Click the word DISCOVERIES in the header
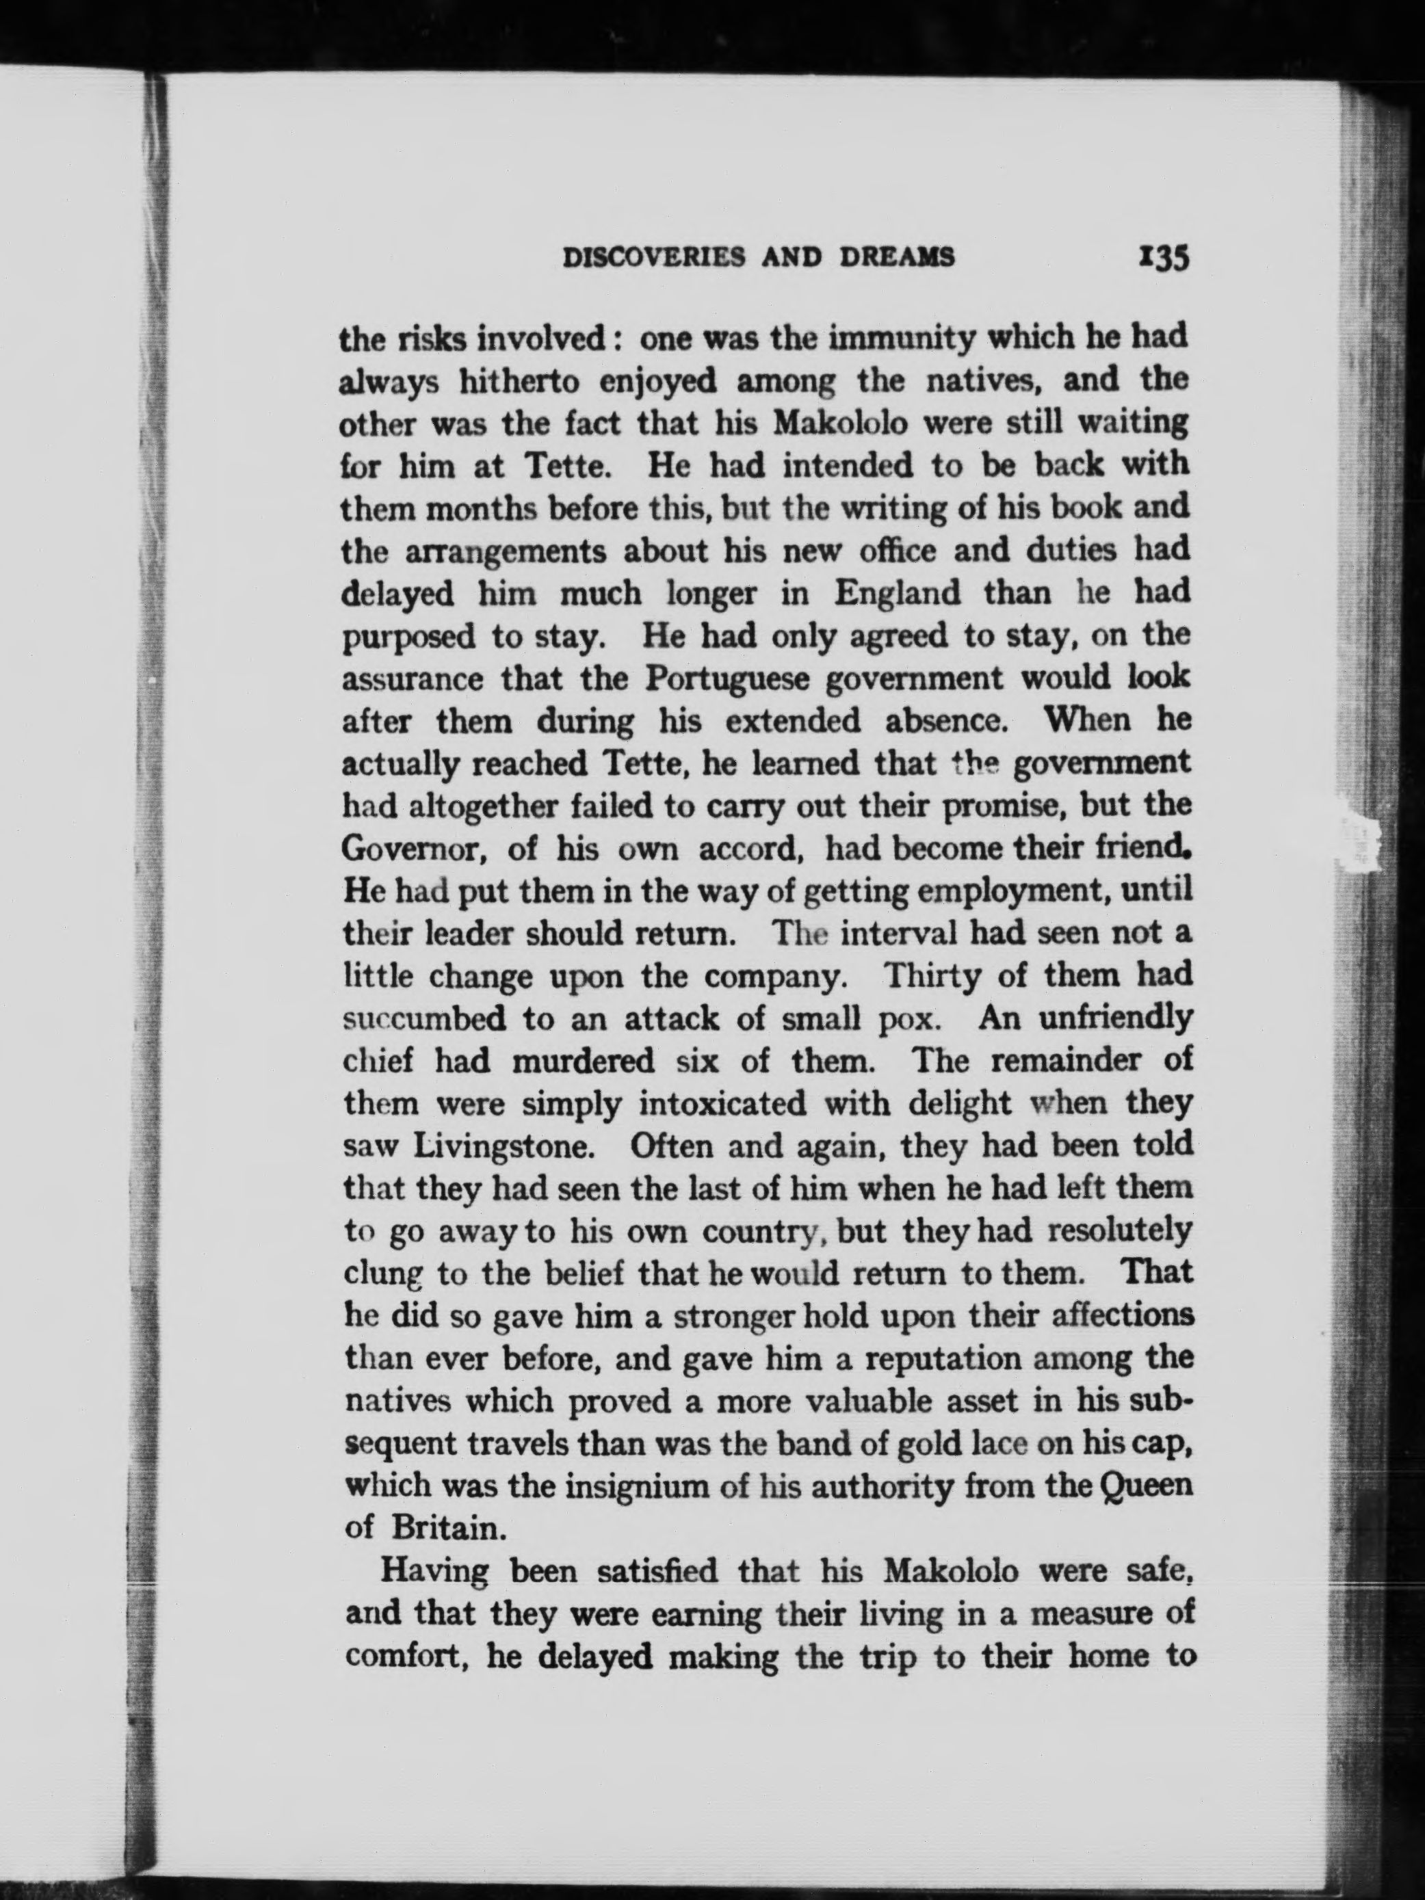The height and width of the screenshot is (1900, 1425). [653, 258]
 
